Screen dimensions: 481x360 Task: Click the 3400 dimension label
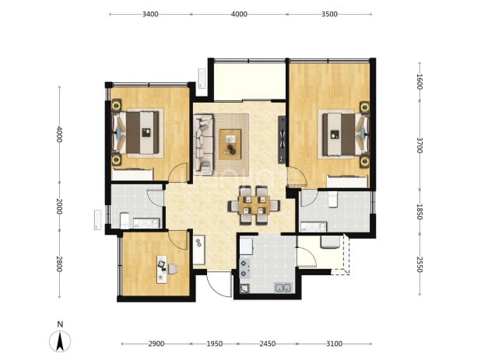pos(150,14)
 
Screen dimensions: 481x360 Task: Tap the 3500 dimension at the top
pos(329,14)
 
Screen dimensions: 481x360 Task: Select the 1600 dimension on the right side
pos(420,82)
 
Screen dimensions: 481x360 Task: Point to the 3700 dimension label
pos(420,145)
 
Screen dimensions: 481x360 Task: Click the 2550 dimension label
pos(420,264)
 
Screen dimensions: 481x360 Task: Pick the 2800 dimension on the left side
pos(59,264)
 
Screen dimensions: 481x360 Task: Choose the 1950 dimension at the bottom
pos(214,344)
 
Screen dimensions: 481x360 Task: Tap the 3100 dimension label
pos(334,344)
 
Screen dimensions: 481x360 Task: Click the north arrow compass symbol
pos(60,341)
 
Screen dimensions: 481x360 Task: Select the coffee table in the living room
pos(230,144)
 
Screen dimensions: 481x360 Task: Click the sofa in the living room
pos(203,145)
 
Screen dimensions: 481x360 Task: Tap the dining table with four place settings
pos(254,205)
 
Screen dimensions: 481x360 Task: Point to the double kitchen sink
pos(283,288)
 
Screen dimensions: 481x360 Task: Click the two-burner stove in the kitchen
pos(244,268)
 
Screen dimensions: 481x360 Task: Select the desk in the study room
pos(162,269)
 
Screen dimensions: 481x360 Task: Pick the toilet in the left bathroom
pos(125,220)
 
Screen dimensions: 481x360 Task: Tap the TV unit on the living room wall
pos(282,139)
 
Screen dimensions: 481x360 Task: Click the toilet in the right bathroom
pos(333,199)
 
